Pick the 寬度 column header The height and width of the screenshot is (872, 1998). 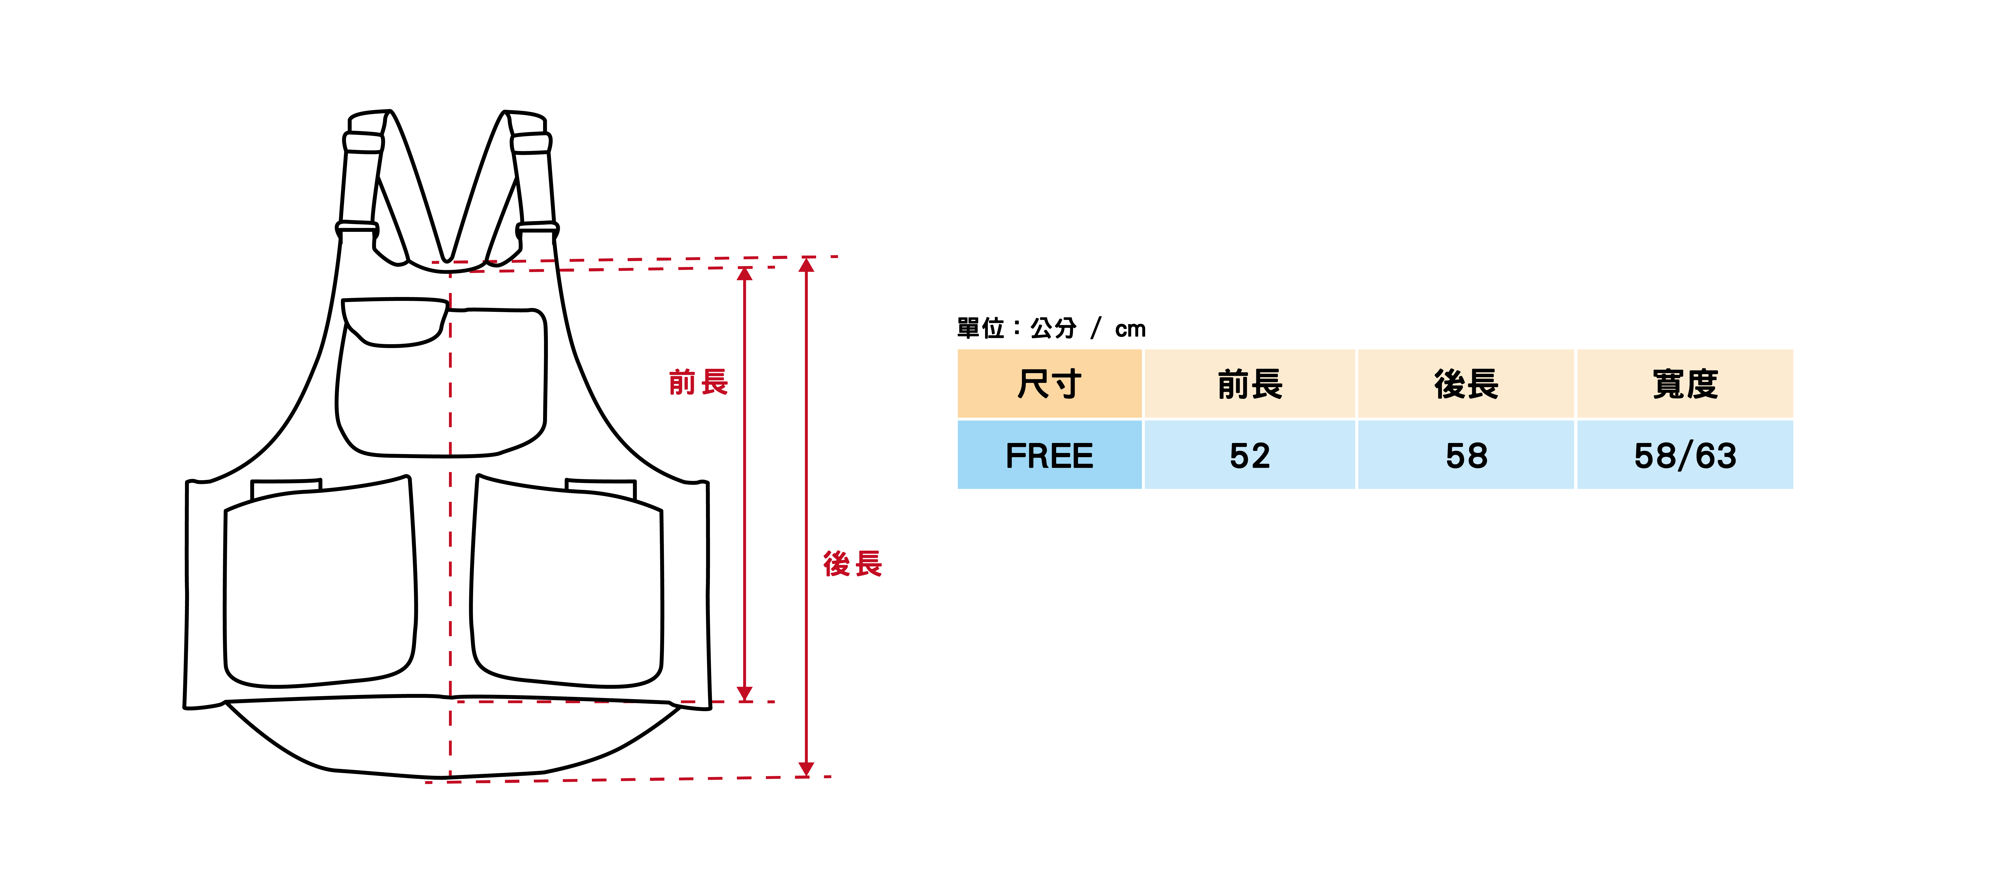pyautogui.click(x=1685, y=384)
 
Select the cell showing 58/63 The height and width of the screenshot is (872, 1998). pyautogui.click(x=1685, y=455)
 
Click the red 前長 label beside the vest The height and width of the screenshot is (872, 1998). pyautogui.click(x=698, y=383)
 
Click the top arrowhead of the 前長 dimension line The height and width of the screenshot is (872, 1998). pyautogui.click(x=745, y=274)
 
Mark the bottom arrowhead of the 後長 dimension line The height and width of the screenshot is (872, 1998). pyautogui.click(x=806, y=768)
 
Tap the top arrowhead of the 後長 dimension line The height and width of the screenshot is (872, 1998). pyautogui.click(x=806, y=265)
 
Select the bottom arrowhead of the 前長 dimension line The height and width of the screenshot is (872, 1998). pyautogui.click(x=745, y=694)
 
